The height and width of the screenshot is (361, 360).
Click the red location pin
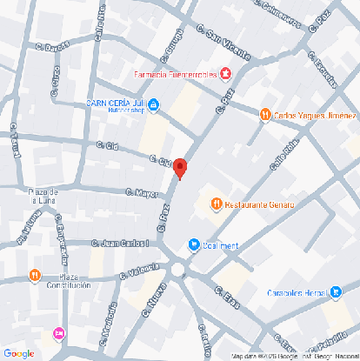[x=179, y=168]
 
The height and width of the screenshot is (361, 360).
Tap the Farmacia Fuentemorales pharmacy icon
[x=226, y=75]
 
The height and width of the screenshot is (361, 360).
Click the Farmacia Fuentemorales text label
[x=175, y=75]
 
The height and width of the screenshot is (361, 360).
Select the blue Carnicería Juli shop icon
[x=154, y=106]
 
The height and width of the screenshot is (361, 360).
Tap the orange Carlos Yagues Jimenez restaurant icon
[x=264, y=114]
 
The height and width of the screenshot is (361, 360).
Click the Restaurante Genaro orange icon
[x=216, y=204]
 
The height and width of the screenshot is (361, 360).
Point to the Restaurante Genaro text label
[x=259, y=205]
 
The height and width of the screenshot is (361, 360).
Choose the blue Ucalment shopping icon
[x=194, y=245]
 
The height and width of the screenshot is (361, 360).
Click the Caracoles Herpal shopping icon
[x=336, y=292]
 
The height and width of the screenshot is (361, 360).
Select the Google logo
[x=18, y=352]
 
